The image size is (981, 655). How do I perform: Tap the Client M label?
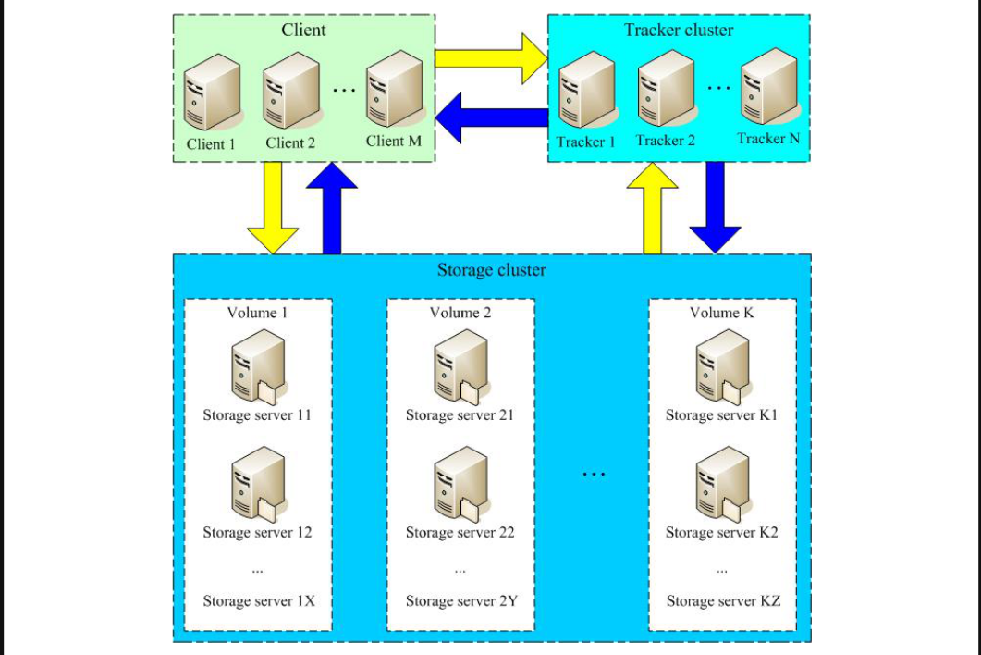(x=393, y=142)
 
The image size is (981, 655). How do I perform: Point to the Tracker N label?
(x=767, y=139)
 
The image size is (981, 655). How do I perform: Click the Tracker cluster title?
(x=678, y=31)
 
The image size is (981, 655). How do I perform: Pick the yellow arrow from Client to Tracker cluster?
(x=490, y=58)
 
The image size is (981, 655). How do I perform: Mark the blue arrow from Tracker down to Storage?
(x=715, y=206)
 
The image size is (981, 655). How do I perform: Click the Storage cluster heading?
(x=491, y=271)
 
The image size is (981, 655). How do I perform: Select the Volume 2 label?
(x=460, y=313)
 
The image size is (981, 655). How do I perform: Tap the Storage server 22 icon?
(x=460, y=485)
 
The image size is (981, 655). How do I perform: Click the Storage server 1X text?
(x=259, y=601)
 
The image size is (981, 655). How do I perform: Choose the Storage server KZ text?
(x=723, y=601)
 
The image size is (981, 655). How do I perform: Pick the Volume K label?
(x=721, y=313)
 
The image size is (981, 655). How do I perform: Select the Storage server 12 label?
(x=257, y=533)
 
